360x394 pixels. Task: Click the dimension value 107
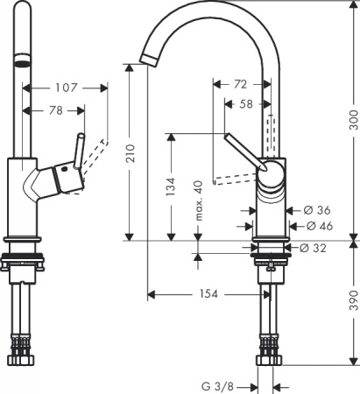click(64, 88)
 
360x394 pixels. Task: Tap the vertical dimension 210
click(131, 154)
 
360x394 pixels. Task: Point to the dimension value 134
click(172, 186)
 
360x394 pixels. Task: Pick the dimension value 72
click(239, 84)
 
